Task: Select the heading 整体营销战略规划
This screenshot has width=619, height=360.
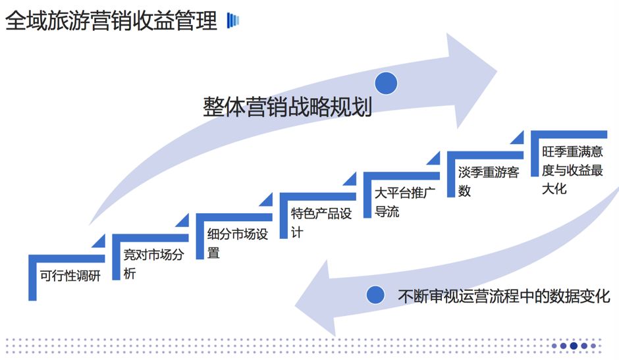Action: [287, 107]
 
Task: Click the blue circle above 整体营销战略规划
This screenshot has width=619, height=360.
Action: [386, 83]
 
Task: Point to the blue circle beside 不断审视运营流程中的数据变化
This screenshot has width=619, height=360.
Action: [375, 296]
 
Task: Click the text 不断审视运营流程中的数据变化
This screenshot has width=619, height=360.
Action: [504, 296]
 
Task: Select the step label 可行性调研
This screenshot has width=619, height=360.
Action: [70, 276]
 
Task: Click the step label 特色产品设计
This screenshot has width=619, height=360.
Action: [321, 222]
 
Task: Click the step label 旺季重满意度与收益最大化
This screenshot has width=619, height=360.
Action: [572, 170]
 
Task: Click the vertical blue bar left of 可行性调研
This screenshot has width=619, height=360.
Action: [32, 279]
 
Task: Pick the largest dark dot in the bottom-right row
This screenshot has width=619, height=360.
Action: [574, 346]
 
